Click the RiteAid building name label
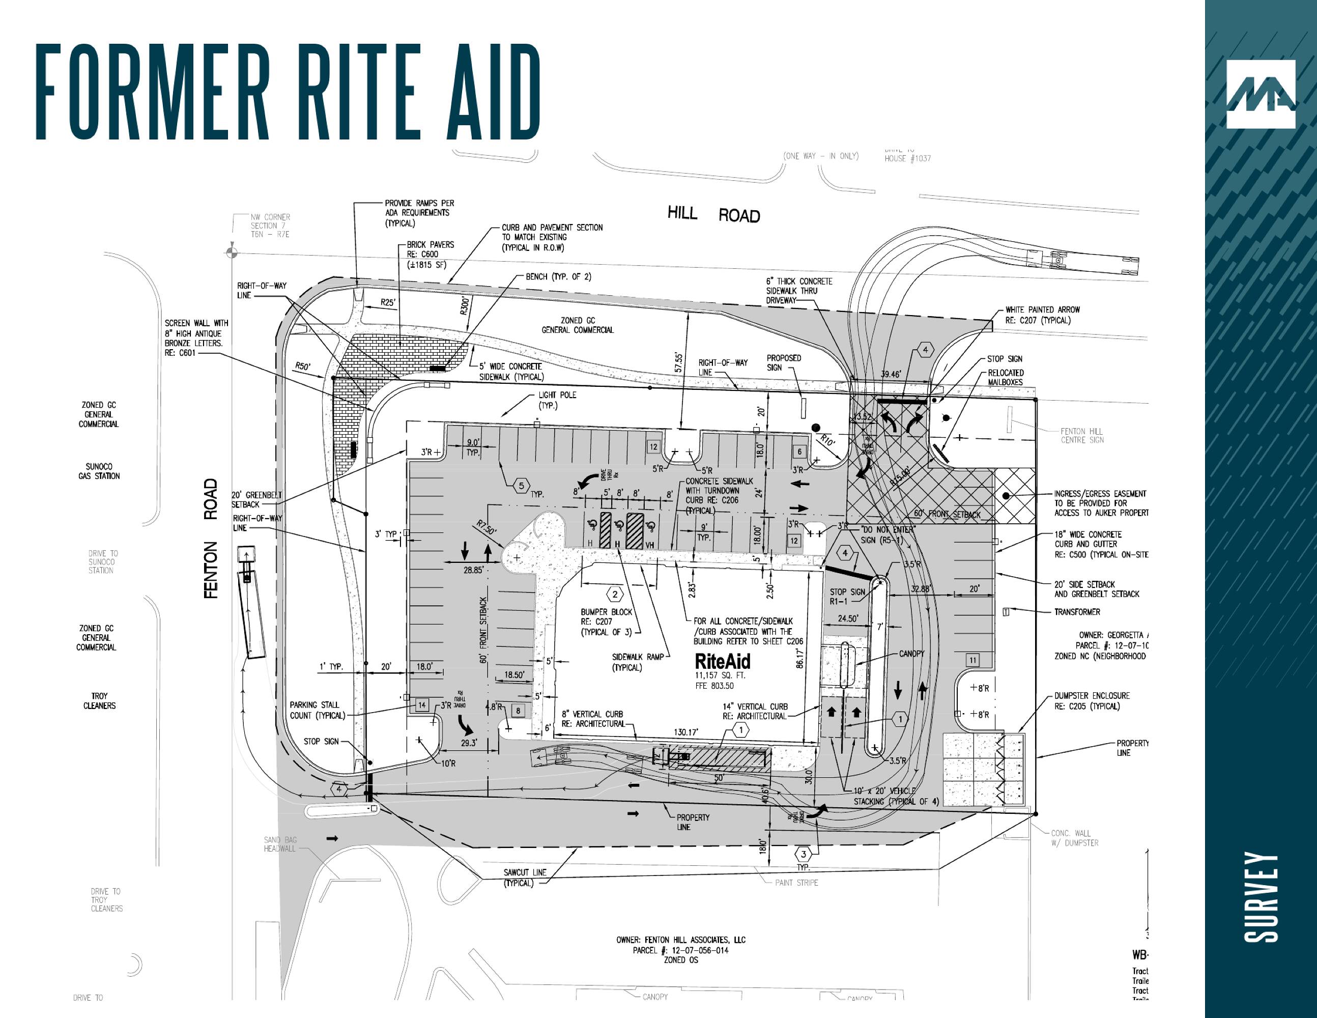(x=723, y=662)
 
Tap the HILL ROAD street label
(x=713, y=214)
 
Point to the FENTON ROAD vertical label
(x=211, y=539)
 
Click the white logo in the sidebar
(x=1261, y=94)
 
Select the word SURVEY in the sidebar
(x=1262, y=897)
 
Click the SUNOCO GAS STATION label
(x=99, y=471)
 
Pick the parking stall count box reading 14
(x=422, y=704)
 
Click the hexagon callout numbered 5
(x=522, y=485)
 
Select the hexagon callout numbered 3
(x=803, y=855)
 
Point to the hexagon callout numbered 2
(x=614, y=594)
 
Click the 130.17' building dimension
(x=685, y=732)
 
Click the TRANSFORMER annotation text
(x=1077, y=611)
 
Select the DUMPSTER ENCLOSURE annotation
(x=1092, y=701)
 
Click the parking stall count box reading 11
(x=972, y=660)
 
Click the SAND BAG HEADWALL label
(x=280, y=844)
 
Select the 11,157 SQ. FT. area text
(x=720, y=675)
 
